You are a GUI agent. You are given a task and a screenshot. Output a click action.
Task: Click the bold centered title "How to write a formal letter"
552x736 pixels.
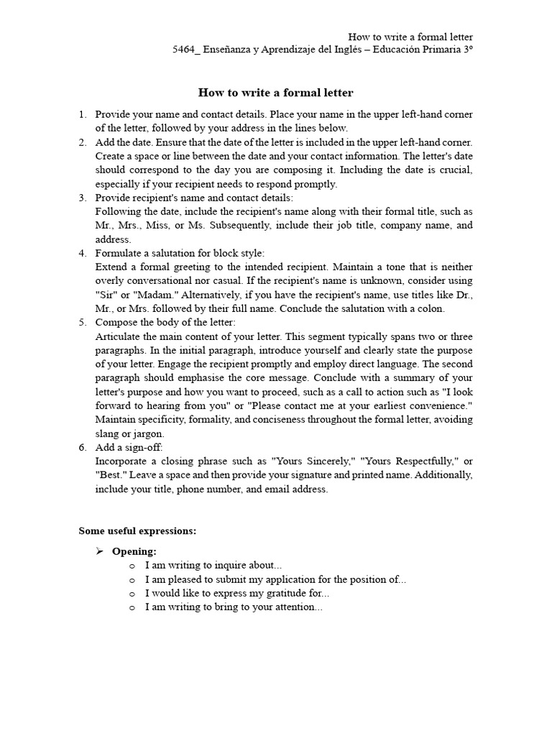(x=275, y=93)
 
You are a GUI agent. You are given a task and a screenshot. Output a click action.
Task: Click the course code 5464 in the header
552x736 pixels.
(x=183, y=50)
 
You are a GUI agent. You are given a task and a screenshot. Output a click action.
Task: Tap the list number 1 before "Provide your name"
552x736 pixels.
(x=83, y=114)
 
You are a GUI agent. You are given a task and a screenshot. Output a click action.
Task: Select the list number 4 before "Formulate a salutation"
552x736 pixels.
(x=83, y=253)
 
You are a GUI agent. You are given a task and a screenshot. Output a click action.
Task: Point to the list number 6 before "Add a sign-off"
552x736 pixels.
(x=83, y=447)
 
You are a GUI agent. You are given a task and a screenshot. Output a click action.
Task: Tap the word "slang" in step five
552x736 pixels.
(x=107, y=433)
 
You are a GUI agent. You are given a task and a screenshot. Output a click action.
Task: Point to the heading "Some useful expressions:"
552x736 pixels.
(x=137, y=531)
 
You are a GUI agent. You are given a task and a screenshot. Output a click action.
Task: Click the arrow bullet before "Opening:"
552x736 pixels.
(x=100, y=551)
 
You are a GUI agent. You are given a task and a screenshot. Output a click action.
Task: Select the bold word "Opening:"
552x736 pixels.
(x=134, y=551)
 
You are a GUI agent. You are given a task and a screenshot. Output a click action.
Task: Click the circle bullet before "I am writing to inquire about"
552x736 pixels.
(x=132, y=566)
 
